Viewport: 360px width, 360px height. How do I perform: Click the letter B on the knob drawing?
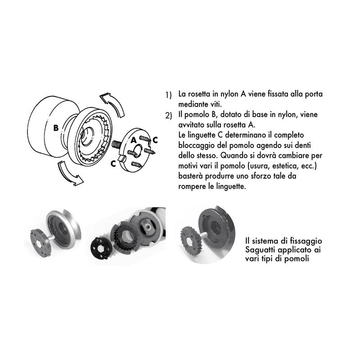[55, 127]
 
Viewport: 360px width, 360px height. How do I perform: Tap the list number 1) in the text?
[168, 95]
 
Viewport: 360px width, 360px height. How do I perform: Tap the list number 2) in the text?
[168, 116]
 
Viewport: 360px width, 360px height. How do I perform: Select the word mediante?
[192, 104]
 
